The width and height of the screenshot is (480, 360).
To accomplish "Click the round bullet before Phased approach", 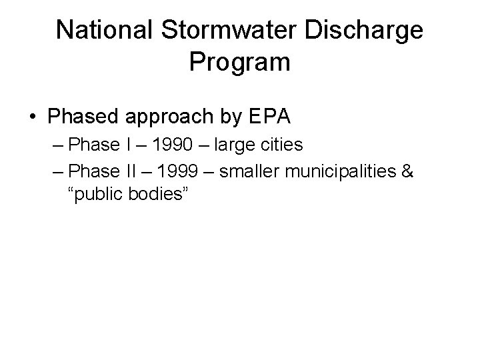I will coord(33,117).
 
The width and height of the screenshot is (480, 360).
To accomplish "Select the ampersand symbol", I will coord(407,171).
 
